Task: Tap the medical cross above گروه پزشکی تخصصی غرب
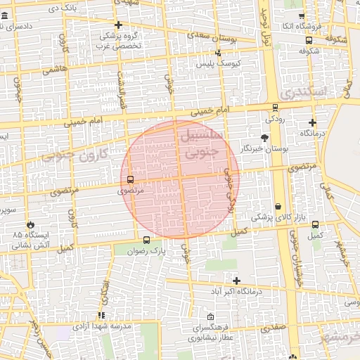click(x=117, y=25)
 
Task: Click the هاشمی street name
click(x=55, y=70)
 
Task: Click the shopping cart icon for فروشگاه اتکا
click(x=302, y=16)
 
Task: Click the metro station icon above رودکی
click(x=274, y=108)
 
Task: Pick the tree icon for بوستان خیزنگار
click(x=264, y=138)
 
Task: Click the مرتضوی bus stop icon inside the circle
click(x=129, y=179)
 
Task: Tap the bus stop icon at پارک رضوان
click(x=146, y=239)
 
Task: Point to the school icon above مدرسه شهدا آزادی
click(x=101, y=316)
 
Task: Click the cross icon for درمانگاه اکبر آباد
click(x=236, y=281)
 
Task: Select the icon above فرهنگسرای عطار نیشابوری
click(x=212, y=316)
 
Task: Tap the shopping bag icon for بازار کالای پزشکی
click(x=279, y=206)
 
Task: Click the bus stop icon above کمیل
click(x=316, y=225)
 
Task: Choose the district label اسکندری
click(x=304, y=91)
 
